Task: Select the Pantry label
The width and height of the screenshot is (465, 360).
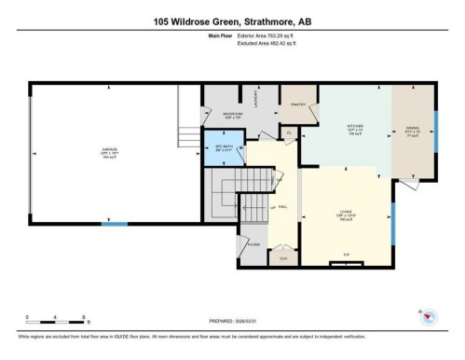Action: click(298, 104)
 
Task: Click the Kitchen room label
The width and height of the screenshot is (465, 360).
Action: click(354, 130)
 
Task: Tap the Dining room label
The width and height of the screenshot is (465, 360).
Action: click(412, 131)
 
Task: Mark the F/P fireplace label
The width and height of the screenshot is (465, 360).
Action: click(347, 254)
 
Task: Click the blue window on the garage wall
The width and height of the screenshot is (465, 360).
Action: click(114, 224)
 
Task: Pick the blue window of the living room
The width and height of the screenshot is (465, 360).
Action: click(392, 222)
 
